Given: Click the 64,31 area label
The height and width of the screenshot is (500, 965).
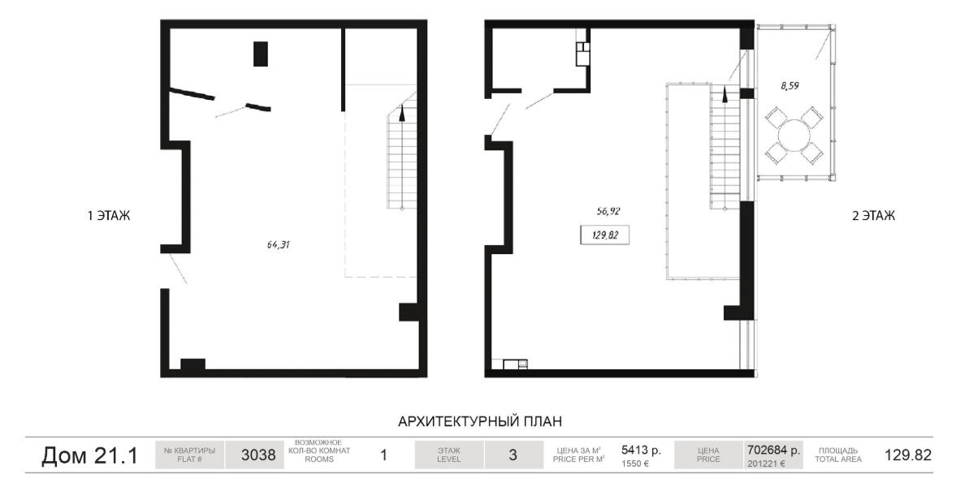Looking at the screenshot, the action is pyautogui.click(x=278, y=245).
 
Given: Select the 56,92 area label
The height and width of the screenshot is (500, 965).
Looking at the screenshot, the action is pyautogui.click(x=608, y=211).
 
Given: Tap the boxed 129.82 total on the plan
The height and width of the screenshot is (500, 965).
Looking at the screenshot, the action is pyautogui.click(x=604, y=235).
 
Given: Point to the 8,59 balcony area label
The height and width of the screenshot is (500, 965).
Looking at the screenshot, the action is pyautogui.click(x=790, y=86).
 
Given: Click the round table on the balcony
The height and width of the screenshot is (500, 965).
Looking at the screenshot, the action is pyautogui.click(x=794, y=136).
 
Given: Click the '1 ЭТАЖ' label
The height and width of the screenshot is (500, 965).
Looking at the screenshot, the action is pyautogui.click(x=109, y=216).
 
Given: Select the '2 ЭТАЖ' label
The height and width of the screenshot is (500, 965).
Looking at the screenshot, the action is pyautogui.click(x=873, y=216).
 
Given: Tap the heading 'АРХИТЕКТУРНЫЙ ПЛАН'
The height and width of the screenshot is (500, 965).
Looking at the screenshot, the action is pyautogui.click(x=480, y=421).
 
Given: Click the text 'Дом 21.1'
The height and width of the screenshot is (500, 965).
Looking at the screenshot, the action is pyautogui.click(x=90, y=455).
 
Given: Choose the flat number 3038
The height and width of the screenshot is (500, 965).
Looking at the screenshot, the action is pyautogui.click(x=257, y=455).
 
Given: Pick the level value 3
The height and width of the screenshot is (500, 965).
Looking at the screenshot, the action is pyautogui.click(x=513, y=455).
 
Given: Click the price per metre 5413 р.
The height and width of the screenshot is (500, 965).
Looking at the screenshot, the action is pyautogui.click(x=641, y=450).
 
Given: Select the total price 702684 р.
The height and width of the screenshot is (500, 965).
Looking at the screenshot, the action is pyautogui.click(x=773, y=450).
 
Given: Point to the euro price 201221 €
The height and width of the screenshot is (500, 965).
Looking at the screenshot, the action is pyautogui.click(x=766, y=463).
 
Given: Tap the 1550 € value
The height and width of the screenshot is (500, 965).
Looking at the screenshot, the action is pyautogui.click(x=635, y=463).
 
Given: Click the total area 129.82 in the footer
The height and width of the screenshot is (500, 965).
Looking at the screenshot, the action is pyautogui.click(x=908, y=455).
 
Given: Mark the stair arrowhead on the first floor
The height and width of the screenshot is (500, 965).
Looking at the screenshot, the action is pyautogui.click(x=403, y=112).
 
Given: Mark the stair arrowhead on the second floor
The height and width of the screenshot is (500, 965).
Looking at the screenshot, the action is pyautogui.click(x=725, y=94).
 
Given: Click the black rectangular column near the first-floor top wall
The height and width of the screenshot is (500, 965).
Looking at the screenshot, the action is pyautogui.click(x=260, y=54).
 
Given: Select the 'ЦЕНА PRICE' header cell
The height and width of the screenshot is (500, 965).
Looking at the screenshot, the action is pyautogui.click(x=708, y=455).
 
